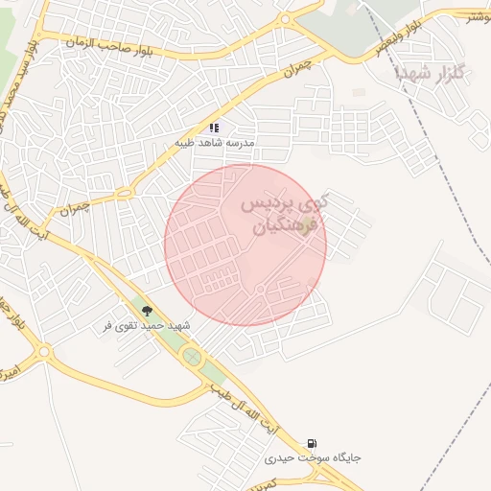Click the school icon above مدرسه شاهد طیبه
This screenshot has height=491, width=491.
point(215,127)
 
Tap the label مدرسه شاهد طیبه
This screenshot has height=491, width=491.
point(214,142)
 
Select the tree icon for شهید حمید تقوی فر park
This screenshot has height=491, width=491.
point(147,311)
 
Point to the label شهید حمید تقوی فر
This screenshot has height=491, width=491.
point(147,326)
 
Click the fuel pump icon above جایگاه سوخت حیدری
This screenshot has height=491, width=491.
point(313,443)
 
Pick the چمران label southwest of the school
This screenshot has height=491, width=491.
point(73,207)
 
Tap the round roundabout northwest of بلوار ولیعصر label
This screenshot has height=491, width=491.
point(284,19)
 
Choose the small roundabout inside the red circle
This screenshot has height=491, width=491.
point(260,290)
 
